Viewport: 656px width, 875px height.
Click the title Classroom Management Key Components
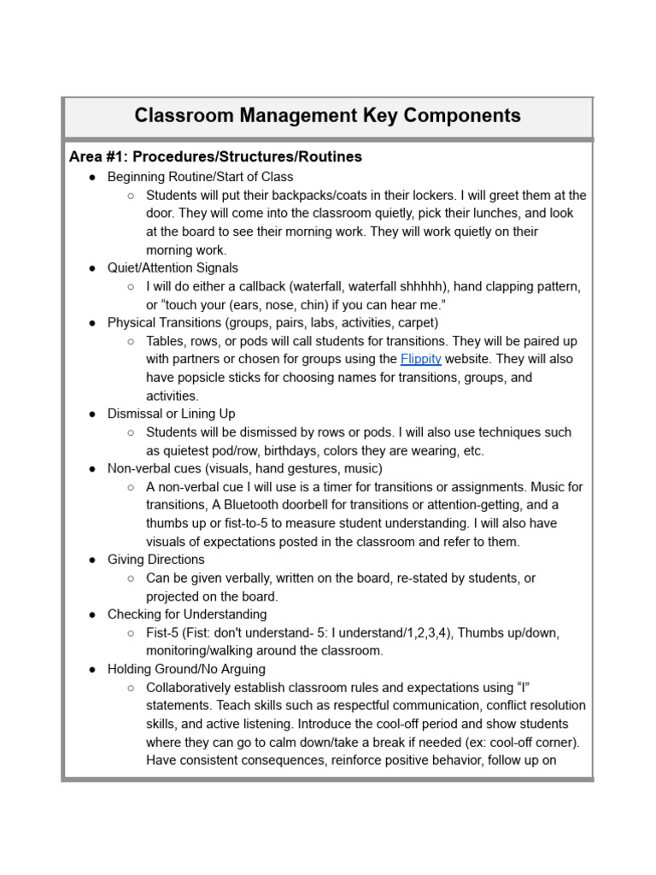pos(327,115)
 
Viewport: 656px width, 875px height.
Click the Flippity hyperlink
pos(420,359)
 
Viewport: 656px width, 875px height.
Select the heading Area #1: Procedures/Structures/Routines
pos(215,157)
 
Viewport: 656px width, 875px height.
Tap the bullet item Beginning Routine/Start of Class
pos(200,177)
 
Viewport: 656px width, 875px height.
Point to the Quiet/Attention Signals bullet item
pos(173,268)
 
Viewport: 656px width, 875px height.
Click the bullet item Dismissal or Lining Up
pos(171,414)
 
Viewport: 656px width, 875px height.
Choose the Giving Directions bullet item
pos(155,560)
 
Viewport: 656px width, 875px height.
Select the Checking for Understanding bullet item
pos(186,614)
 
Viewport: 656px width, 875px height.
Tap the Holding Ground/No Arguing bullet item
pos(186,669)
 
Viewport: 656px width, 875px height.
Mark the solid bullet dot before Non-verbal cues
pos(91,469)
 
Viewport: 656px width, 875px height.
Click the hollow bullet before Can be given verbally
pos(131,578)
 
